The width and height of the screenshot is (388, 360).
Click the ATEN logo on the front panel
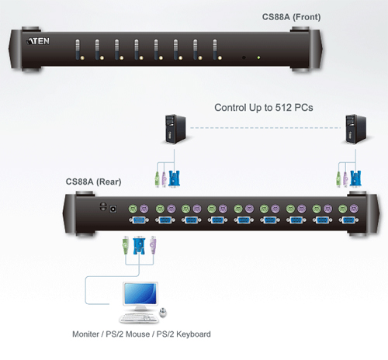pos(38,41)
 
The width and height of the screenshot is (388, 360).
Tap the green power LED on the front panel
pos(258,57)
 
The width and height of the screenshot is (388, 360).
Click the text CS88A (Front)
pos(291,17)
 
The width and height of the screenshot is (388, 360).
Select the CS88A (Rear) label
pos(93,182)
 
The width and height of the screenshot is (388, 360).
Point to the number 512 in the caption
pos(283,108)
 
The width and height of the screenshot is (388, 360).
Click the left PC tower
pos(175,129)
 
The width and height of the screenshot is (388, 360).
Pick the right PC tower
pos(356,129)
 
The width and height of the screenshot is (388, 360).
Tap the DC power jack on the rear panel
pos(113,209)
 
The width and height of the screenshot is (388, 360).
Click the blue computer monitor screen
pos(140,293)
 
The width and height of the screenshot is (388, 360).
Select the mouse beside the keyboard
pos(163,312)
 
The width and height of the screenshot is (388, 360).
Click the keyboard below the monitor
pos(139,318)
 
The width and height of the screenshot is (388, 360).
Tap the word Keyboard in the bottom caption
pos(193,334)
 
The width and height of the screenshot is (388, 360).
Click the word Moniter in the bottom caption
pos(85,334)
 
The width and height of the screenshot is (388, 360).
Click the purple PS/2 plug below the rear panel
pos(153,244)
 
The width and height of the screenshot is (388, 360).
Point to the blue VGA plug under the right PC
pos(355,178)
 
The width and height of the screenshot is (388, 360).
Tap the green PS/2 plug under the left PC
pos(158,178)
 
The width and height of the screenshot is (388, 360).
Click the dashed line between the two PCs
pos(265,128)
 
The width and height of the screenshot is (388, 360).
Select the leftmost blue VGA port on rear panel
pos(139,220)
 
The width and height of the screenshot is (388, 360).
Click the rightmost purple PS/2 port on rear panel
pos(354,208)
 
